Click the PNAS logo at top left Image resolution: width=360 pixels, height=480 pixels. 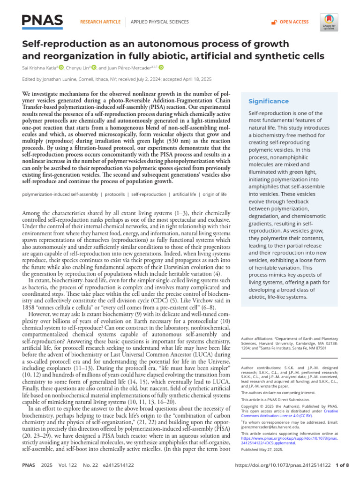[42, 20]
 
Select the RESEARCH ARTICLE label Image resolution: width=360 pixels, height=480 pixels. [101, 22]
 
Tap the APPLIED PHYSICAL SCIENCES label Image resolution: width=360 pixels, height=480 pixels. [159, 22]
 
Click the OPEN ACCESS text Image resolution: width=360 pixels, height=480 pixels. [294, 22]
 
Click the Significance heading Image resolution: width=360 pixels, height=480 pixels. [269, 101]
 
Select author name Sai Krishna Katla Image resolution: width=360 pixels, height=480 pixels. [39, 67]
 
